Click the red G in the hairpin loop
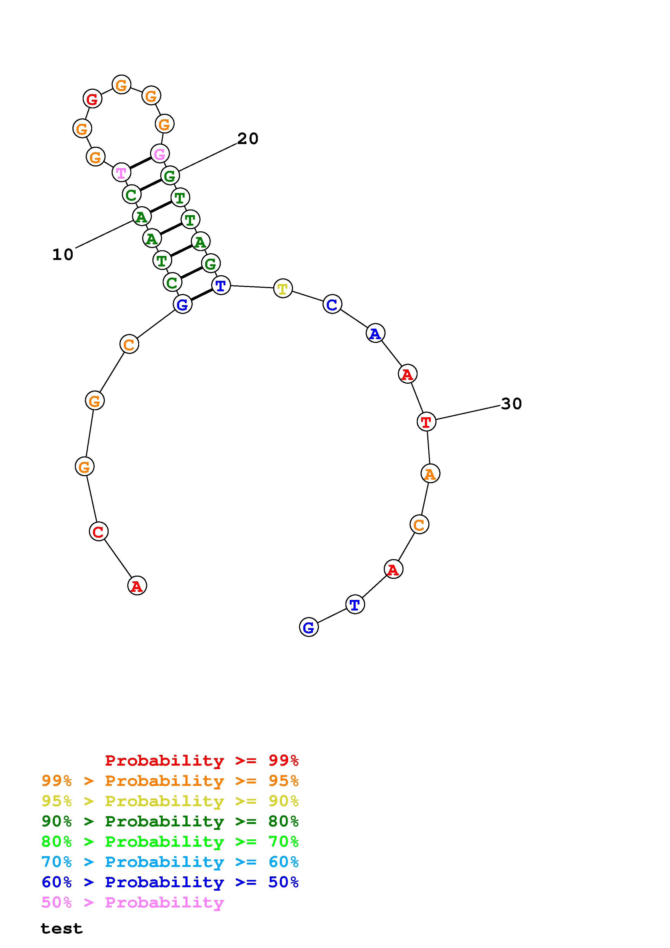click(92, 99)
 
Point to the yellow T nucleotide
click(283, 288)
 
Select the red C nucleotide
click(99, 531)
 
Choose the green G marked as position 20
click(170, 175)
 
